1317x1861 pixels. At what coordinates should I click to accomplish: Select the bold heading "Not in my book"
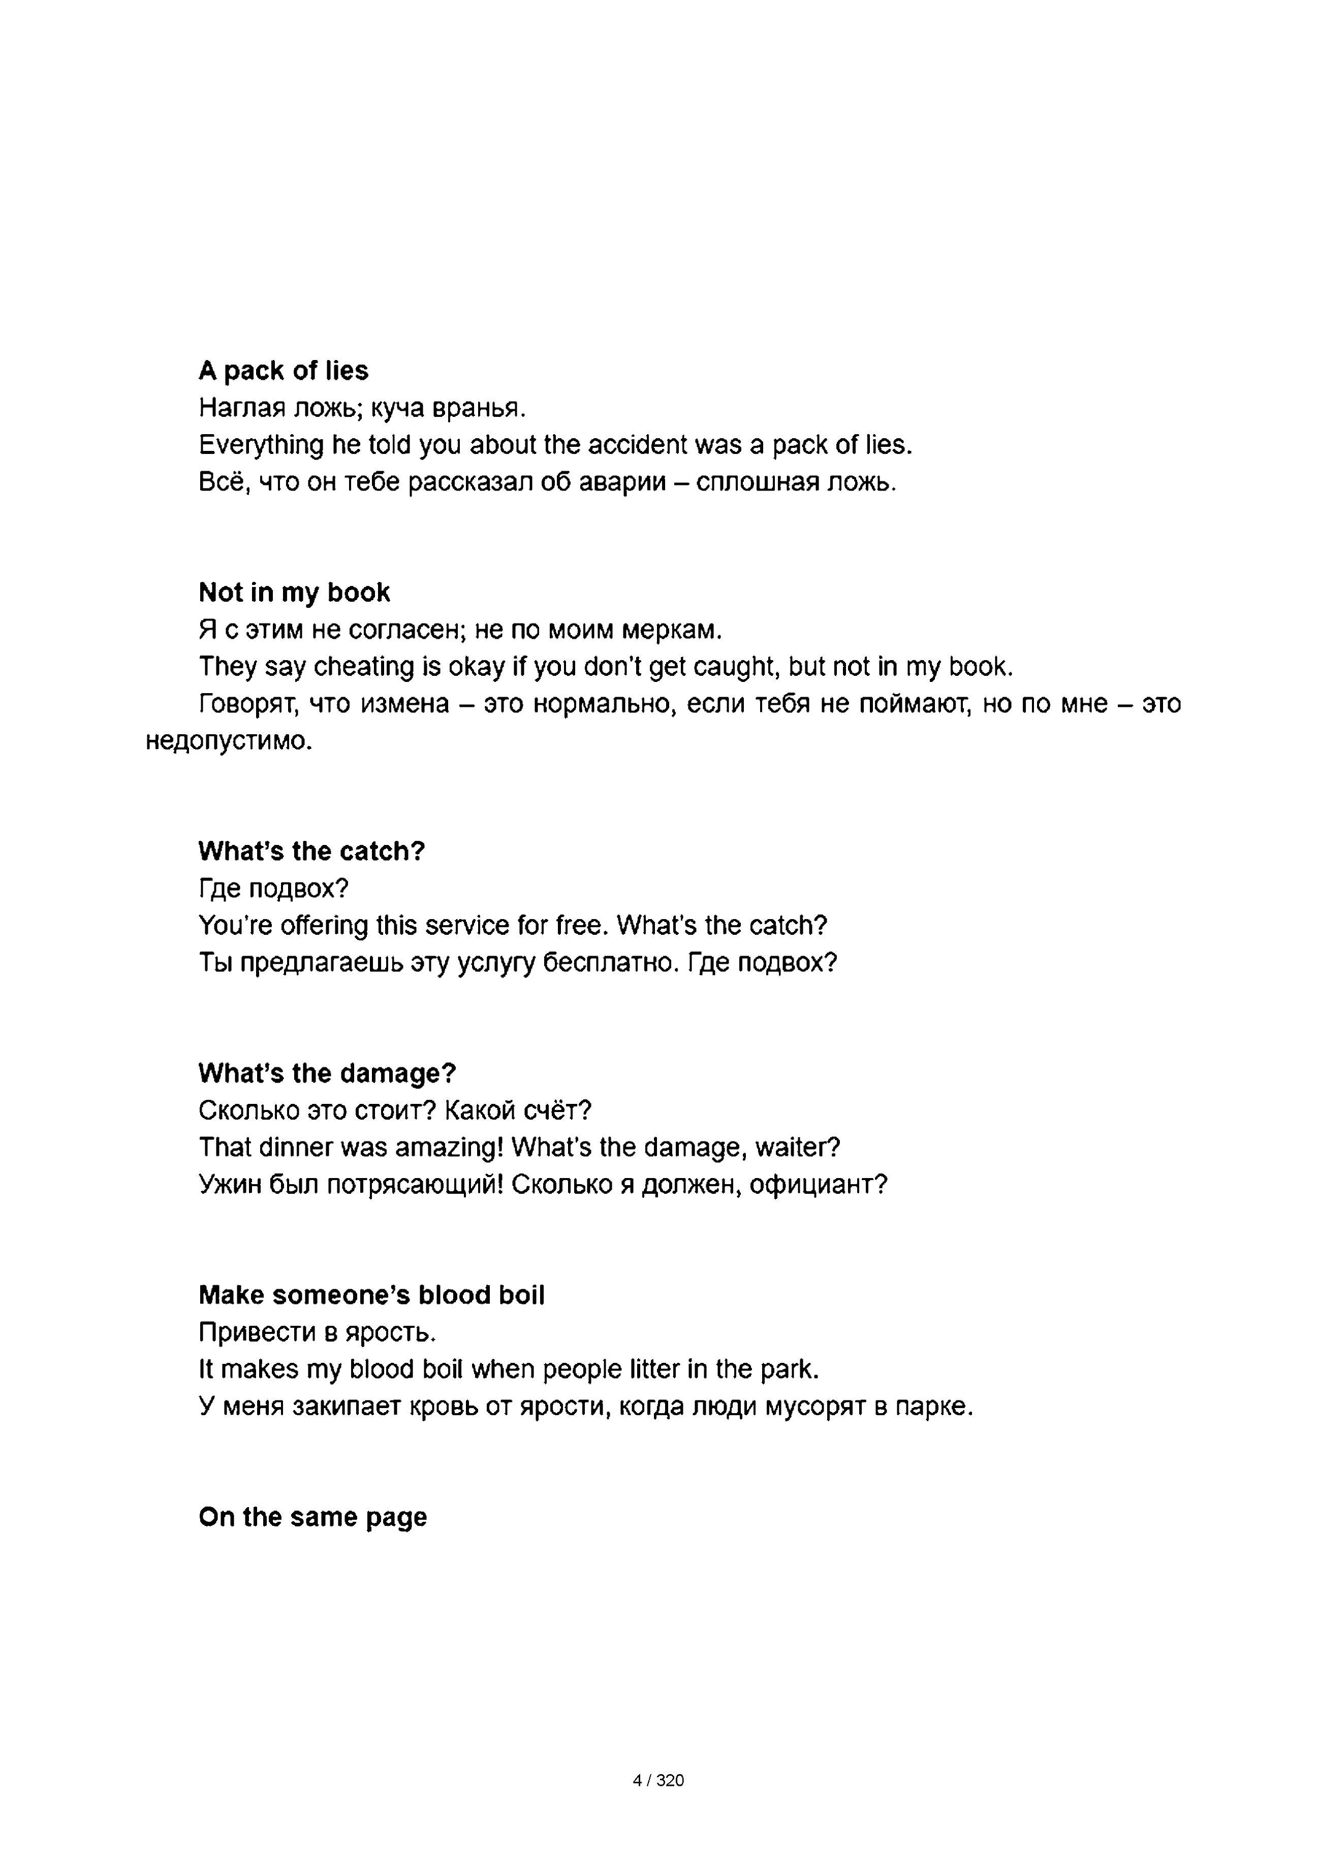tap(294, 593)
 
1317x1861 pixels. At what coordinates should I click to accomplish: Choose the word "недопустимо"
tap(229, 741)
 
